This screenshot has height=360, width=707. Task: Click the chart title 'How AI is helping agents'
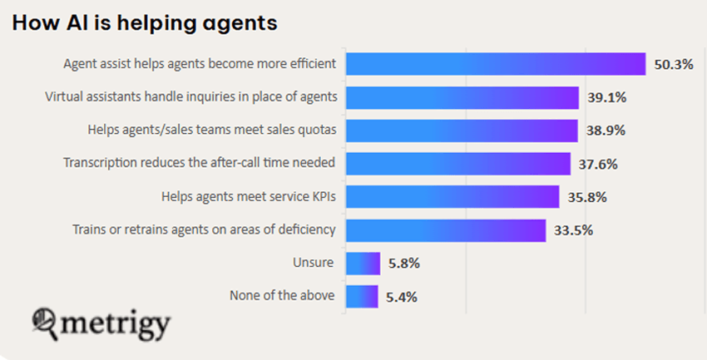point(144,23)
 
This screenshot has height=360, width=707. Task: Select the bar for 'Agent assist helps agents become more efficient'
point(496,64)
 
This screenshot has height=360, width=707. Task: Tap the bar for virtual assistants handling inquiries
point(462,97)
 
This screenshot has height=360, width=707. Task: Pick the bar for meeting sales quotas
point(461,131)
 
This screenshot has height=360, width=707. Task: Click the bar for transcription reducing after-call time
point(457,164)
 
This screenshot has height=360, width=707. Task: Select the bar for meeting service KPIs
point(452,197)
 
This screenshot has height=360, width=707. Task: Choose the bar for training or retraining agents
point(445,230)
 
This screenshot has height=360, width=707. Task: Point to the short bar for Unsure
point(363,264)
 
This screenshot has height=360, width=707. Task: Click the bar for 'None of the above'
point(362,296)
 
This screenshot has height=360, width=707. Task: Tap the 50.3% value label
point(673,65)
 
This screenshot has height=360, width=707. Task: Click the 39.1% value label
point(606,98)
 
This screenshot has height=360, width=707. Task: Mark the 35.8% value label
point(586,198)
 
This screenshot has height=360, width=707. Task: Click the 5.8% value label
point(403,264)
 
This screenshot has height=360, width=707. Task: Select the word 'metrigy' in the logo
point(117,323)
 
